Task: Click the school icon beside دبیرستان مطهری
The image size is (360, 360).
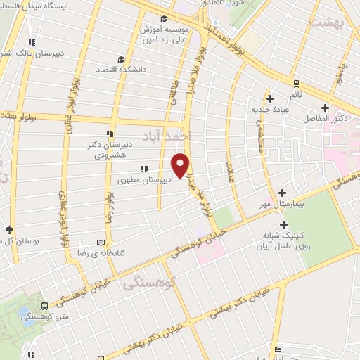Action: coord(144,169)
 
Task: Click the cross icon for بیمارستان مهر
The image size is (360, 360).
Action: coord(282,192)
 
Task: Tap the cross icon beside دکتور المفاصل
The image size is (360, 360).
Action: coord(324,108)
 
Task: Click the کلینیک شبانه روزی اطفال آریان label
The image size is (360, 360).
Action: coord(281,241)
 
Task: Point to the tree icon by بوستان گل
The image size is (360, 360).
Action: coord(9,229)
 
